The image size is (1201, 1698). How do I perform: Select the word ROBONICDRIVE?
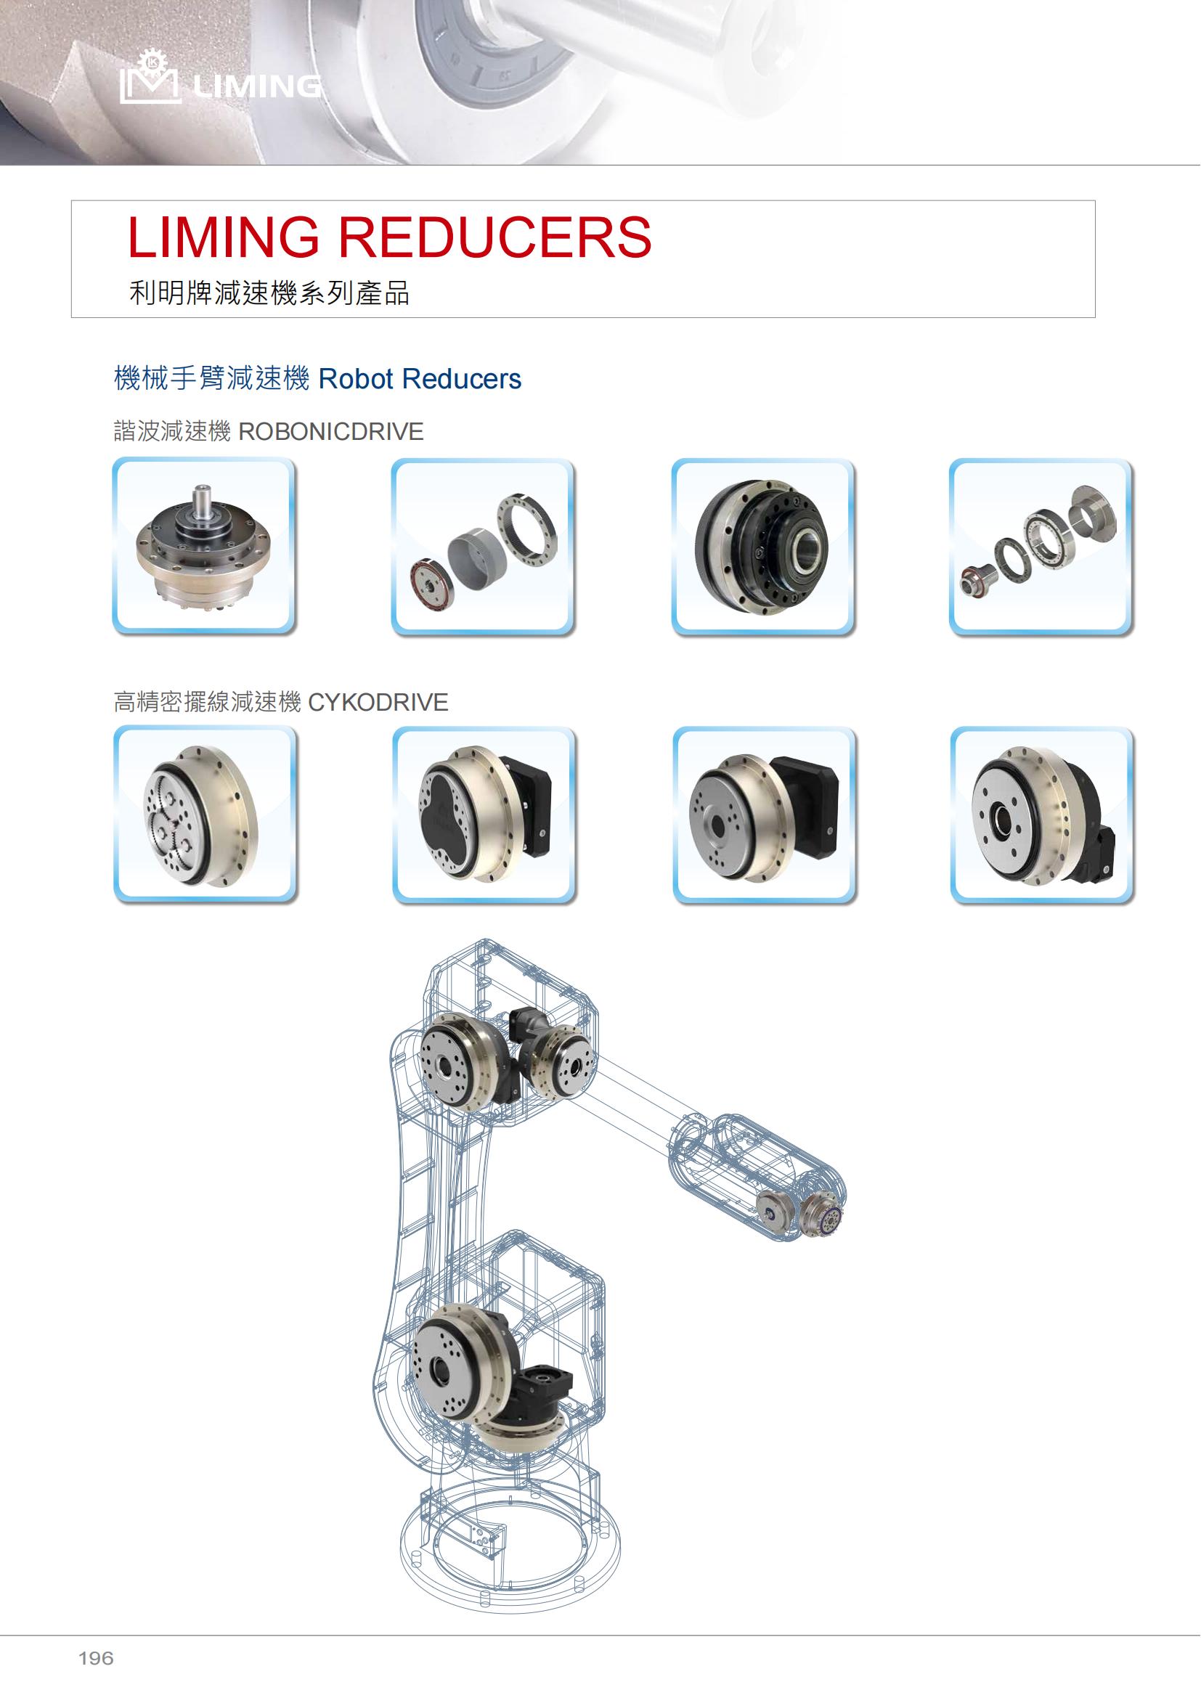tap(330, 431)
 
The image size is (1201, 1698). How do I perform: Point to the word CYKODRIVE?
tap(378, 702)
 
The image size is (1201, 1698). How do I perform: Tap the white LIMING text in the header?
tap(256, 86)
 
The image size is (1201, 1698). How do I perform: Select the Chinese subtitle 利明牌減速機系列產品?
tap(269, 293)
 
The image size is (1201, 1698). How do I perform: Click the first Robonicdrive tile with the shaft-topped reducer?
tap(204, 546)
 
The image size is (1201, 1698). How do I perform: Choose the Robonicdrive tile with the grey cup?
tap(483, 547)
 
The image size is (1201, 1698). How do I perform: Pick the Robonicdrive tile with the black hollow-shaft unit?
tap(763, 547)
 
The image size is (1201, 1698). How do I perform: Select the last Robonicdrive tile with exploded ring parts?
tap(1041, 547)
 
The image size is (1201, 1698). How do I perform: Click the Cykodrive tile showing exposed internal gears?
tap(205, 815)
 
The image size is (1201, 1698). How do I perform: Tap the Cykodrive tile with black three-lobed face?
tap(484, 815)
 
